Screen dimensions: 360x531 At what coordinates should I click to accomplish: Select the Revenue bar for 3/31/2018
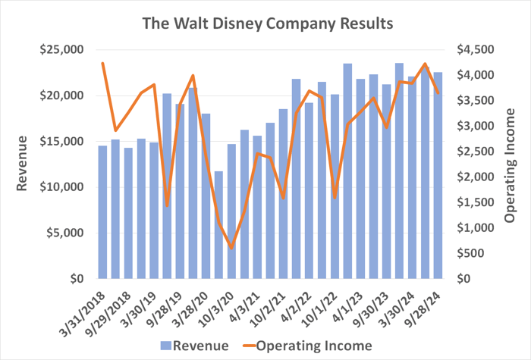(x=102, y=212)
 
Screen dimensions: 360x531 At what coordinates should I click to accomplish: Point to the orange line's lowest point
(x=231, y=248)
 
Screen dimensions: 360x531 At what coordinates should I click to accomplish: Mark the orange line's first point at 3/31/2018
(x=102, y=63)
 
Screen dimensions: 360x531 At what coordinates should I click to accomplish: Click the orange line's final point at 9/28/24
(x=438, y=92)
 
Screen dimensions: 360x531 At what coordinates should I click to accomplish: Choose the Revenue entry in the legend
(x=194, y=346)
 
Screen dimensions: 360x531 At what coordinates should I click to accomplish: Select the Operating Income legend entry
(x=306, y=346)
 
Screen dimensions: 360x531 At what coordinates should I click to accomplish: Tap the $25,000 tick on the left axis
(x=63, y=50)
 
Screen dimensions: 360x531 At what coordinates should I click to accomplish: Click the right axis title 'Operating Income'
(x=510, y=164)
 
